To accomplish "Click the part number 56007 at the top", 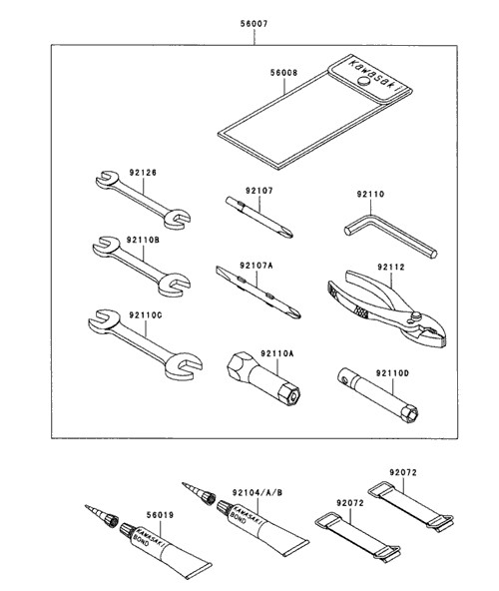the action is pyautogui.click(x=254, y=24).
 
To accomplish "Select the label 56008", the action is pyautogui.click(x=283, y=72).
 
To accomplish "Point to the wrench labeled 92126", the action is pyautogui.click(x=143, y=200).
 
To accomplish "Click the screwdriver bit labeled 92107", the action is pyautogui.click(x=258, y=217).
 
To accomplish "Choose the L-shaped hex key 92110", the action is pyautogui.click(x=390, y=235).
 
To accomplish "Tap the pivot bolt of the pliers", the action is pyautogui.click(x=417, y=315).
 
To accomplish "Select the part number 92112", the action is pyautogui.click(x=391, y=268).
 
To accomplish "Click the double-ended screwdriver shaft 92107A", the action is pyautogui.click(x=258, y=293).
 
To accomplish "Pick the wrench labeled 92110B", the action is pyautogui.click(x=142, y=267).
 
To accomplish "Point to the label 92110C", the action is pyautogui.click(x=146, y=315).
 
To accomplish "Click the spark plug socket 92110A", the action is pyautogui.click(x=263, y=378).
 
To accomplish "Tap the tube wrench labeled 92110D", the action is pyautogui.click(x=377, y=394).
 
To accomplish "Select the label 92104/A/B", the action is pyautogui.click(x=257, y=492).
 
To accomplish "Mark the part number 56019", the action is pyautogui.click(x=160, y=515).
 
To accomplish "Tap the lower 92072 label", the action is pyautogui.click(x=350, y=503).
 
